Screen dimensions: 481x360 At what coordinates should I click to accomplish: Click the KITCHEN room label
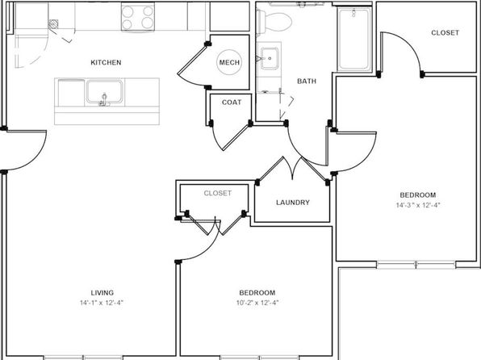click(106, 62)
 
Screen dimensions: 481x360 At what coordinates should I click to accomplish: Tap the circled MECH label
click(229, 62)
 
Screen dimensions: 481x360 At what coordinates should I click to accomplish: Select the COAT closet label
click(232, 103)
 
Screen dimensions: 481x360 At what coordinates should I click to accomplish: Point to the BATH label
click(307, 81)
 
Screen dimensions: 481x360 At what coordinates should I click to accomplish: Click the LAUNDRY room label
click(293, 203)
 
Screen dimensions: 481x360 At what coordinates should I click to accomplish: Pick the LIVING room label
click(102, 293)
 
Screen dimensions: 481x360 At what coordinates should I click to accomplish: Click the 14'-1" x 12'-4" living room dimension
click(102, 303)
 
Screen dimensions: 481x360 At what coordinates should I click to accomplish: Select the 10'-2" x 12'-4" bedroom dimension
click(257, 303)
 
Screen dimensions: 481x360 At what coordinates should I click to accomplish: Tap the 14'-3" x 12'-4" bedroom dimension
click(418, 205)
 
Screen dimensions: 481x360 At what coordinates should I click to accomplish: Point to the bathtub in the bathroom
click(354, 39)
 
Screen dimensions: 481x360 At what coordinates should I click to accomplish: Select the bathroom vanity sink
click(270, 58)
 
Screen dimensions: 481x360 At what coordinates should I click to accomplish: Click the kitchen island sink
click(105, 92)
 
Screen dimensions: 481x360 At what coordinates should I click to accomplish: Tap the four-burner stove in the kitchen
click(138, 17)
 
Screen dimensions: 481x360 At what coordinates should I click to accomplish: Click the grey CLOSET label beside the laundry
click(217, 193)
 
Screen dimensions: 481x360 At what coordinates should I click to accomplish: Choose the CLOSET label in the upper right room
click(445, 33)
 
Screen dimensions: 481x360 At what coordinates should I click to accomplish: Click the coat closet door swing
click(230, 136)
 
